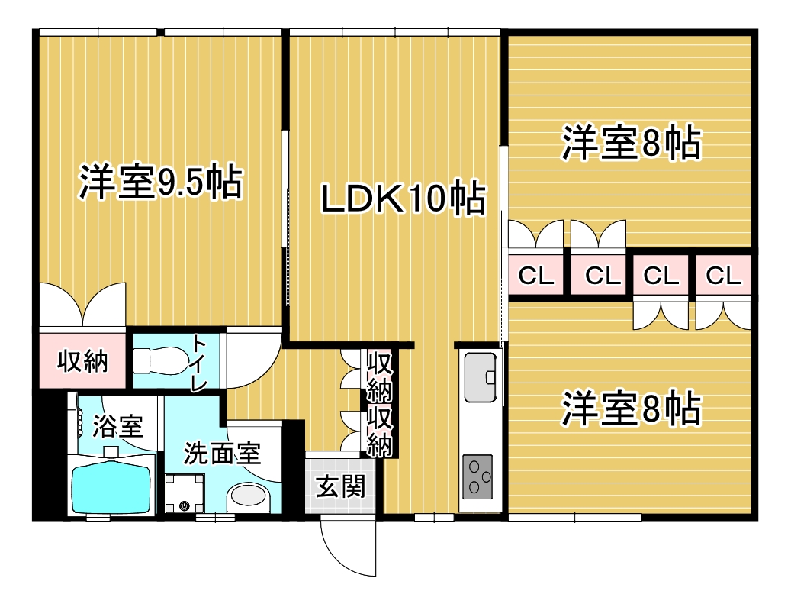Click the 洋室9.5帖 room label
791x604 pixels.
[x=161, y=182]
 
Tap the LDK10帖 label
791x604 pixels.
[x=404, y=198]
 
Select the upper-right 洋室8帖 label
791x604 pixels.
[x=632, y=143]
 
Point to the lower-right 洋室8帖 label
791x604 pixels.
[x=632, y=408]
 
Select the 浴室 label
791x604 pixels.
[x=117, y=427]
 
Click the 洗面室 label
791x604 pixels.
[x=222, y=453]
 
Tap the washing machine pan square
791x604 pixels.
[x=185, y=493]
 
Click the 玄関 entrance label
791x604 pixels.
[x=340, y=487]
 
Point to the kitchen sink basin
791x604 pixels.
[x=481, y=377]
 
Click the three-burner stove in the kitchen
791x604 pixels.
[x=477, y=477]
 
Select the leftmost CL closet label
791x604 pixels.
[x=535, y=276]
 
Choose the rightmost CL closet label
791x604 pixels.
[x=723, y=276]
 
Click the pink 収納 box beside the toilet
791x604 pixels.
[x=82, y=360]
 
